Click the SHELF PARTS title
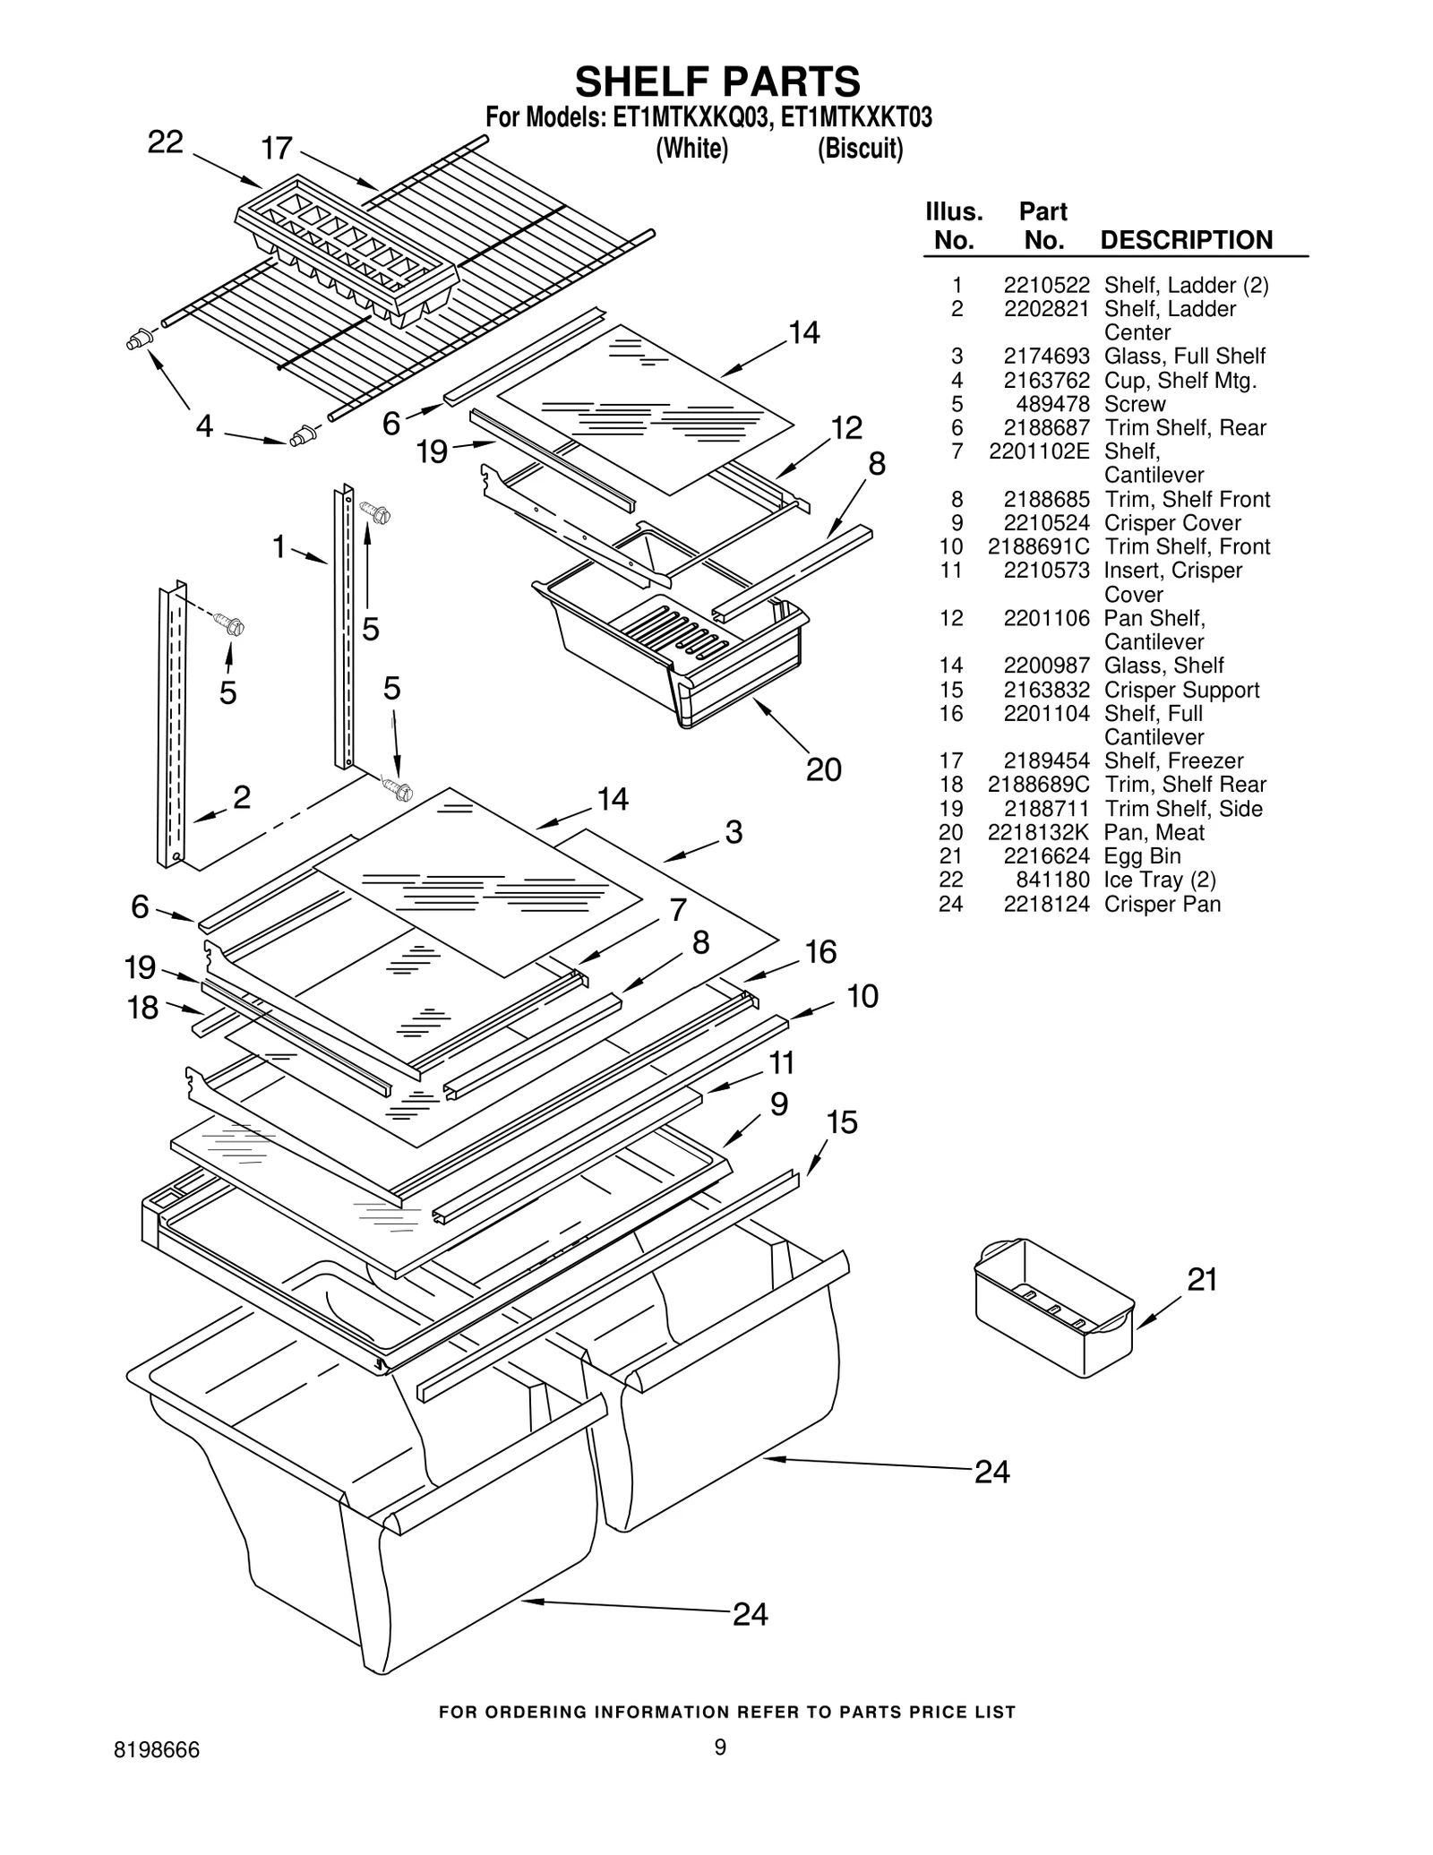[717, 82]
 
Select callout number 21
[1202, 1280]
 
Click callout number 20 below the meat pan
[823, 769]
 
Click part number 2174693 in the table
[1046, 356]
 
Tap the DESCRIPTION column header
[1186, 240]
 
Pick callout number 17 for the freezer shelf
[277, 148]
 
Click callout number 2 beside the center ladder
[242, 797]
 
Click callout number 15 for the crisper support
[842, 1122]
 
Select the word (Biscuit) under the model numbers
[860, 149]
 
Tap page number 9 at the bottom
[720, 1748]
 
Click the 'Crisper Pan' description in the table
[1162, 905]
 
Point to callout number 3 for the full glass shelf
[734, 832]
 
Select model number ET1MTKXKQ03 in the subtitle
[691, 118]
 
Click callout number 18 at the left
[142, 1008]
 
